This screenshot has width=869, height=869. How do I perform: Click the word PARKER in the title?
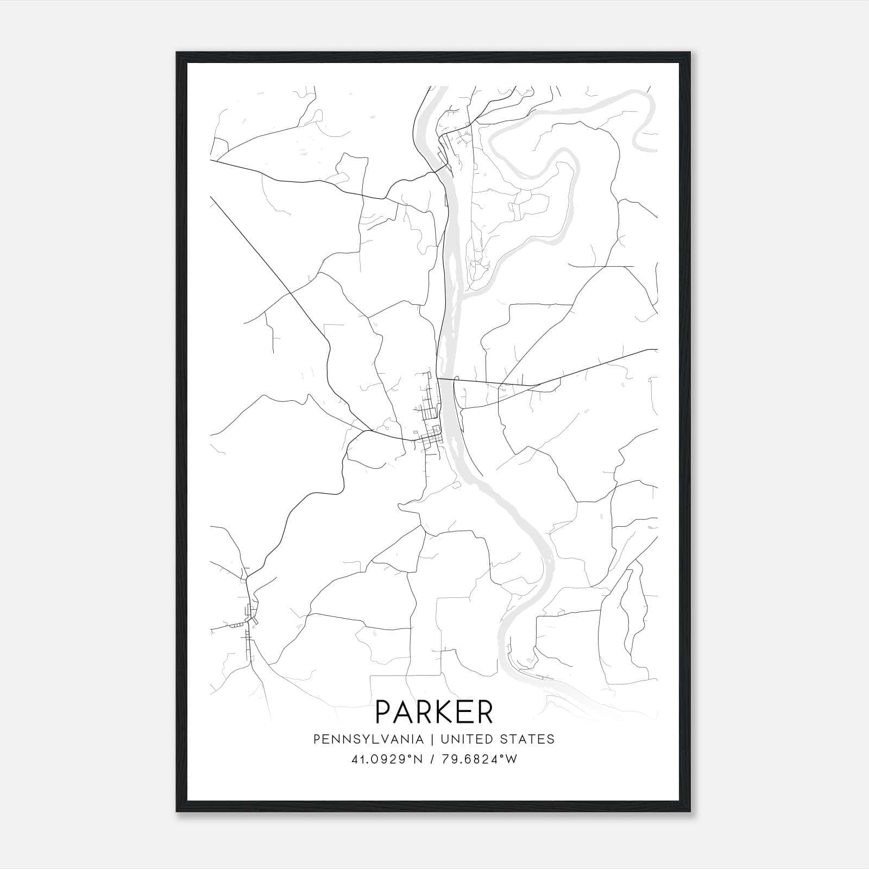point(434,712)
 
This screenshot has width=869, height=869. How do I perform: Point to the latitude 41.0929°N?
point(387,759)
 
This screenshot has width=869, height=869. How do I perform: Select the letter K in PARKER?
point(443,712)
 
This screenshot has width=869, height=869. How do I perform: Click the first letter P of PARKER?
point(383,712)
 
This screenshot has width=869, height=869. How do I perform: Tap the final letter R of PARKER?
point(484,712)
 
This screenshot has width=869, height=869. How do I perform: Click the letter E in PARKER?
point(464,712)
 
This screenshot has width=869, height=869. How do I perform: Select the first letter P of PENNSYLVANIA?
point(316,739)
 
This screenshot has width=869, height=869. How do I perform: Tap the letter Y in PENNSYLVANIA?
point(358,739)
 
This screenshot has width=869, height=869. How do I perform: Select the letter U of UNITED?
point(445,739)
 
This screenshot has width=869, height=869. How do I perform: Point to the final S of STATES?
point(551,739)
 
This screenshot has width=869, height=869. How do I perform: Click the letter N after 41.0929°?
point(418,759)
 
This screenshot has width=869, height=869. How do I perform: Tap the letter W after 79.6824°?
point(512,759)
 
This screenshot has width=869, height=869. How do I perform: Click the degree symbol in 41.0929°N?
point(411,756)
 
